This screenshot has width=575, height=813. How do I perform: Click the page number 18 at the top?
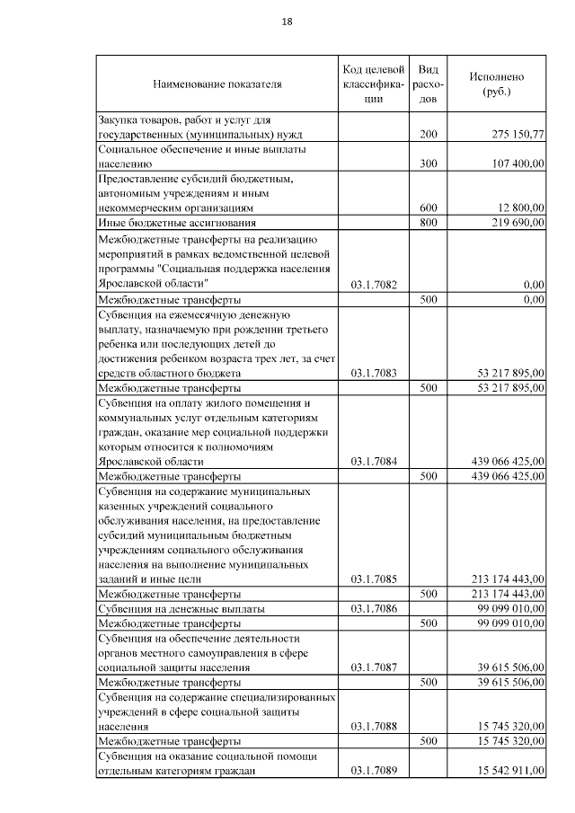287,22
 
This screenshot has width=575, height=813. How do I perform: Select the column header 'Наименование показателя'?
217,84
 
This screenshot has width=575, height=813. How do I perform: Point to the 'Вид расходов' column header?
429,84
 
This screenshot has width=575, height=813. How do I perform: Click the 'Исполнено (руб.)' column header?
496,84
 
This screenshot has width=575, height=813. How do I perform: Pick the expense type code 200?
429,134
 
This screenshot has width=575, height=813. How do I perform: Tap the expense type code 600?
429,207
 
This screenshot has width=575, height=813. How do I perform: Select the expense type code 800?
429,222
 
